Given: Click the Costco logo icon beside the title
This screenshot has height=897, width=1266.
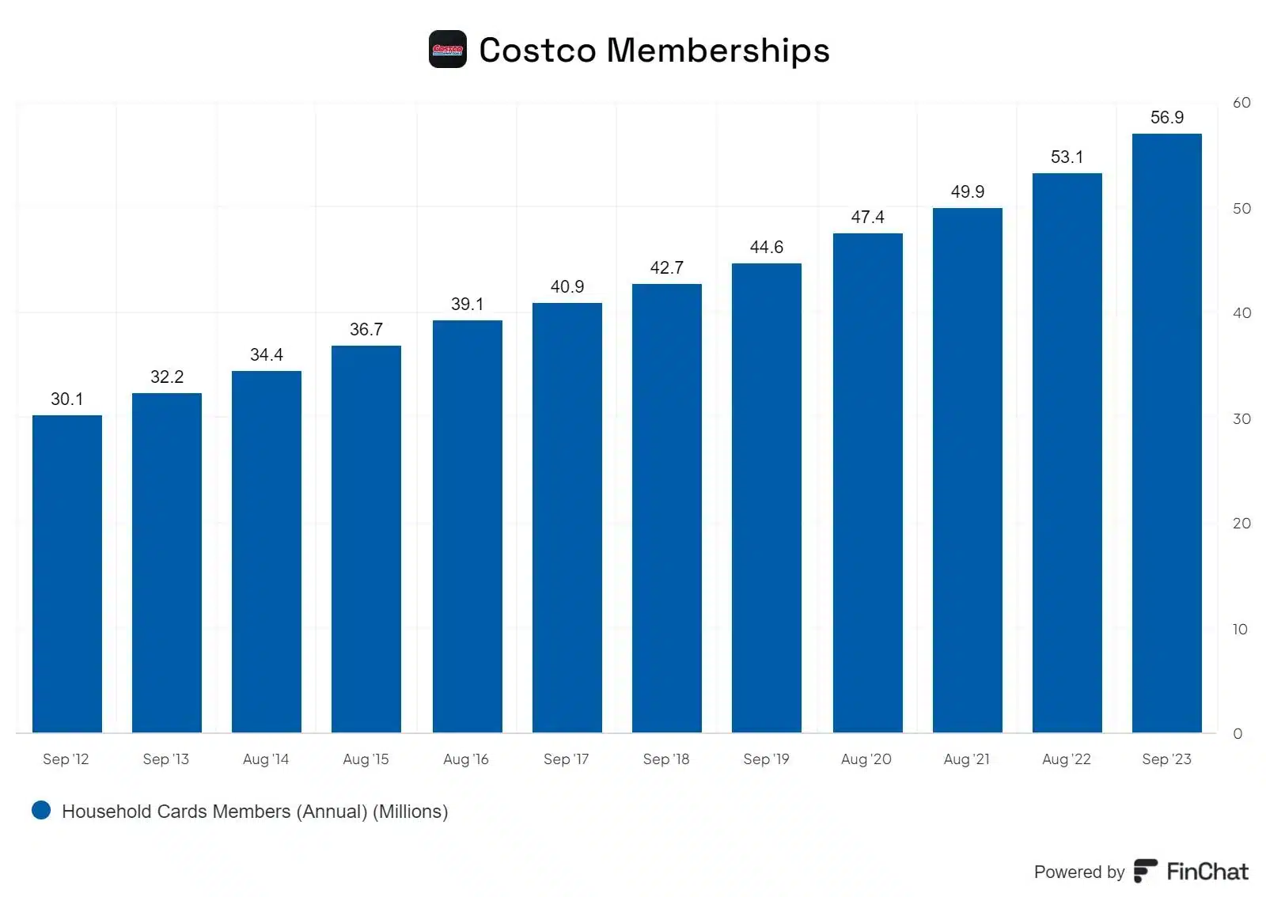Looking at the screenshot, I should pos(448,50).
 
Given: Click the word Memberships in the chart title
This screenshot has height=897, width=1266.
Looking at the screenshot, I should pos(718,51).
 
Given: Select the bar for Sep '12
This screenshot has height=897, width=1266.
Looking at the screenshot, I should pos(67,573).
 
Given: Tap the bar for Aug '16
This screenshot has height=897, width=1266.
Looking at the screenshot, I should pos(468,526).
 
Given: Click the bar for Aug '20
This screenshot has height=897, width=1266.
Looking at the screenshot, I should pos(867,483).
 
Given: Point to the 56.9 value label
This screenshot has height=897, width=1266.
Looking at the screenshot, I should pos(1166,118).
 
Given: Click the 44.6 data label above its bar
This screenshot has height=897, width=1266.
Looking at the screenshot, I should pos(766,248).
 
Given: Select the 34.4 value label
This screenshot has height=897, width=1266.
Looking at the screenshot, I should pos(266,355).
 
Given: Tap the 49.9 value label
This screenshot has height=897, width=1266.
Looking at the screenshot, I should pos(967,192).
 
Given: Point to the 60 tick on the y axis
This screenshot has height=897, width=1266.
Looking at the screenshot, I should pos(1241,103).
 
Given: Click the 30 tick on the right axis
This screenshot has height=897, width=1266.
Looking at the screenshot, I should pos(1241,419).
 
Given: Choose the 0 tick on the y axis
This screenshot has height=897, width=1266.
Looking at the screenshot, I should pos(1238,734).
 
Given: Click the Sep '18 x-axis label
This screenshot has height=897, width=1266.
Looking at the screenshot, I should pos(665,759).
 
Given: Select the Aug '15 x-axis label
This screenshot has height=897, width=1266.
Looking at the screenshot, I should pos(366,759).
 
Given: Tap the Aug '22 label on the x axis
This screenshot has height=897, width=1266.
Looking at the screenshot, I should pos(1066,759).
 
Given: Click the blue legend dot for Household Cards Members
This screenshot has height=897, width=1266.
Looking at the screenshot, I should pos(41,810).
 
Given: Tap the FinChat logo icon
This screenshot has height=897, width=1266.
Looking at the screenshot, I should pos(1145,871).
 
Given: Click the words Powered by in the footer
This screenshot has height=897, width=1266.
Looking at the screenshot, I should pos(1078,872).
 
